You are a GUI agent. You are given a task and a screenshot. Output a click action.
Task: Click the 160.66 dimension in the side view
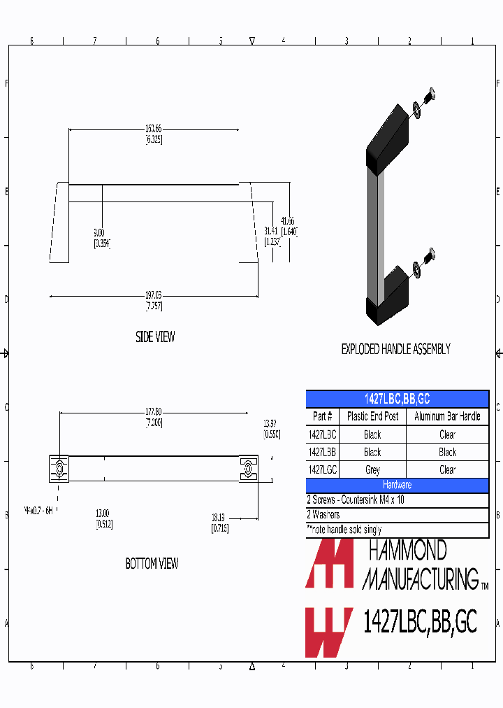pos(154,129)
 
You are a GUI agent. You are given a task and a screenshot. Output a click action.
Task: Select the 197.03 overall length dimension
pos(154,296)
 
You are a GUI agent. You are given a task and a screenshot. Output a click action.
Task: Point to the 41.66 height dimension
pos(288,220)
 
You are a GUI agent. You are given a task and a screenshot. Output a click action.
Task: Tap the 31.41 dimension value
pos(272,231)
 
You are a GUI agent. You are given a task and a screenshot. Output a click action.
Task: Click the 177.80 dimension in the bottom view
pos(154,412)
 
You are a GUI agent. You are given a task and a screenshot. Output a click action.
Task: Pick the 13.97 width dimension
pos(271,424)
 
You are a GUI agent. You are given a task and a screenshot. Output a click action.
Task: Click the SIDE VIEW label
pos(155,337)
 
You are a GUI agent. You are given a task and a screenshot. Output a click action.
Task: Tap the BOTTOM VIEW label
pos(152,564)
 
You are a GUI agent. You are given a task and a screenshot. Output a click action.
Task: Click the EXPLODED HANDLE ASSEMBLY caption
pos(395,349)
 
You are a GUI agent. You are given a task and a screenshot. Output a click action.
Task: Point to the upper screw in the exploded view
pos(430,94)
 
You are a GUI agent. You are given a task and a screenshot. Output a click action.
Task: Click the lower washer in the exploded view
pos(417,267)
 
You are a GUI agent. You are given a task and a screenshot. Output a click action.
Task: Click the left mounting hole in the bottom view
pos(59,468)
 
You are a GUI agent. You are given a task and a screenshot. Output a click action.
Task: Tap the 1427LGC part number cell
pos(322,470)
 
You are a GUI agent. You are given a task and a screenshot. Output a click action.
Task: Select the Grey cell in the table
pos(372,470)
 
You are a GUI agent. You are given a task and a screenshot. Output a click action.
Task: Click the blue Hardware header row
pos(397,485)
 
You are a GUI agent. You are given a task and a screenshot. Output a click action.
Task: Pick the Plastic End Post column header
pos(372,416)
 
